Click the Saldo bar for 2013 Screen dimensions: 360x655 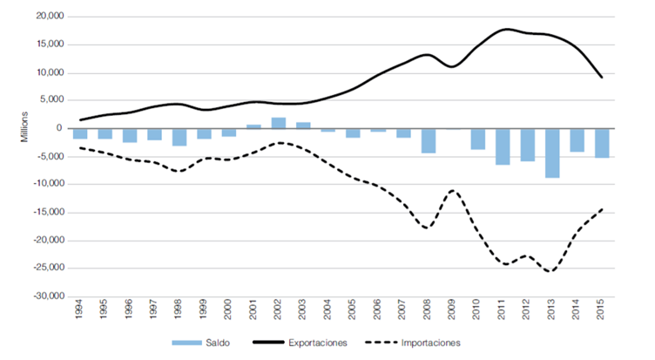[x=553, y=153]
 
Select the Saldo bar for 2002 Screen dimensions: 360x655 [x=279, y=123]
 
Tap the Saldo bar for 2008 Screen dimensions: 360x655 [x=429, y=140]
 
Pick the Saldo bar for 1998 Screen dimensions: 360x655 [x=179, y=137]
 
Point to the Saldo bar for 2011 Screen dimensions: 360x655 [x=503, y=146]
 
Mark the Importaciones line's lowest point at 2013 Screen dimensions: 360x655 [x=551, y=271]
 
